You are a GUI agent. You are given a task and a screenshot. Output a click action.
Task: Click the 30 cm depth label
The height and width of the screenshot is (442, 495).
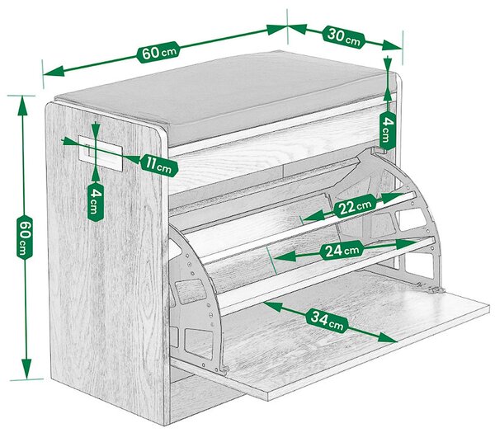click(x=343, y=37)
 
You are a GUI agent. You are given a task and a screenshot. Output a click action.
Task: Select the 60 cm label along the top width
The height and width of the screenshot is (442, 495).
click(x=158, y=52)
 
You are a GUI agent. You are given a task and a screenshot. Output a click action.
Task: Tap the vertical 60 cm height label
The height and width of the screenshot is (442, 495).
click(x=25, y=237)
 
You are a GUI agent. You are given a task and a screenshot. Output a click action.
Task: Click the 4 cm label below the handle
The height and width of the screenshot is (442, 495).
click(x=96, y=201)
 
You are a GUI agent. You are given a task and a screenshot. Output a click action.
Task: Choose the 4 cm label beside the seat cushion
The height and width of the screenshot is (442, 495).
click(x=388, y=130)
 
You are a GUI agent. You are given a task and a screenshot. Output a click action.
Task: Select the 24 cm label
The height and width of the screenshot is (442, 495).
click(x=342, y=251)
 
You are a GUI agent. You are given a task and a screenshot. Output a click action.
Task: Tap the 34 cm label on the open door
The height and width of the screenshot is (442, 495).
click(x=327, y=320)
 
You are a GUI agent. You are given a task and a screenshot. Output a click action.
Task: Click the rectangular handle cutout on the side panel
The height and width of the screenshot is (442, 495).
click(x=101, y=153)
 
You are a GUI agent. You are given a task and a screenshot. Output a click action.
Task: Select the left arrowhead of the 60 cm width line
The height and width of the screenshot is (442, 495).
click(x=54, y=72)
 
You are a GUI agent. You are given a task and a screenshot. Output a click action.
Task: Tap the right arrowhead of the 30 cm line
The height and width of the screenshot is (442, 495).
click(x=392, y=45)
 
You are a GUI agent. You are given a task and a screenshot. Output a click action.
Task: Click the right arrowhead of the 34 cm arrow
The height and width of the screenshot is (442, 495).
click(x=387, y=337)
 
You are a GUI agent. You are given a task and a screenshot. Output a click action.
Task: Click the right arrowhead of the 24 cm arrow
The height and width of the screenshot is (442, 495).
click(x=405, y=244)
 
